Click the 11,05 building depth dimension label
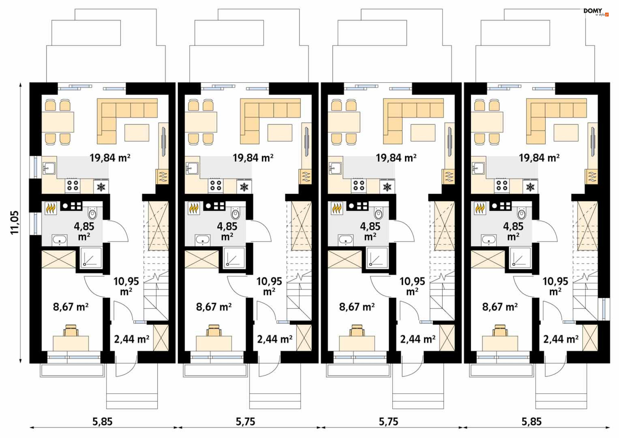(15, 223)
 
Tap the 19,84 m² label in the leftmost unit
(110, 158)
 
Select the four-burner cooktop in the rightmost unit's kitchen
(502, 185)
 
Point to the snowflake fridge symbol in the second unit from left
(244, 186)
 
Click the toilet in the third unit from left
(378, 213)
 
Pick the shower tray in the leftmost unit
(91, 257)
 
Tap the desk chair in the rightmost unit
(500, 330)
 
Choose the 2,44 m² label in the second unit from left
(275, 339)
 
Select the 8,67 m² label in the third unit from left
(357, 307)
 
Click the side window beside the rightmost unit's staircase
(604, 309)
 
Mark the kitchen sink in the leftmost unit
(49, 168)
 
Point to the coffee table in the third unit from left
(423, 133)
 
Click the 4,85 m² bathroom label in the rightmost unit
(513, 231)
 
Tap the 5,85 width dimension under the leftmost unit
(103, 422)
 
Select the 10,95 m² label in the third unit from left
(412, 286)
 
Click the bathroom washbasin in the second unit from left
(202, 240)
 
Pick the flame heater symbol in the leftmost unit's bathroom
(51, 208)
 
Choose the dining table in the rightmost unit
(487, 122)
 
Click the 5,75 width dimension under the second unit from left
(245, 422)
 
